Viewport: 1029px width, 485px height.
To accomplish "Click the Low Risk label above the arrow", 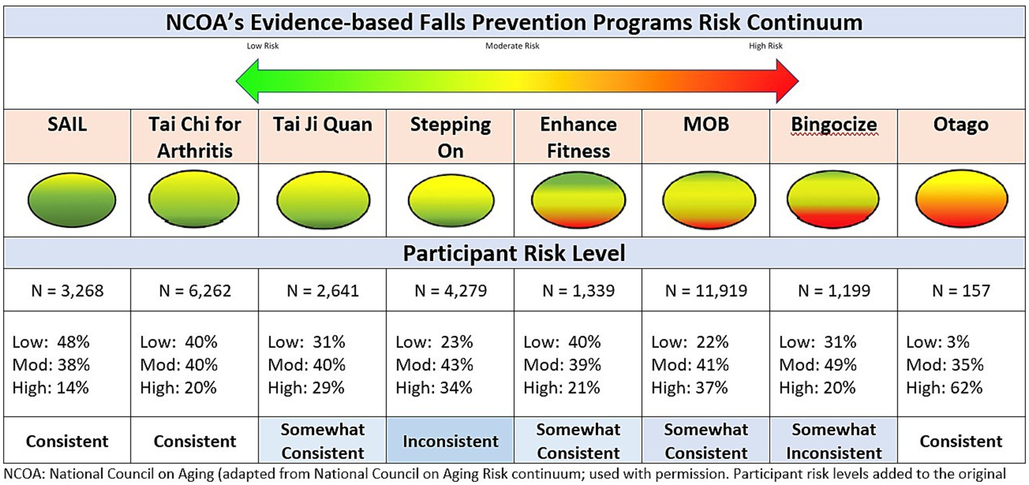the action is point(262,46).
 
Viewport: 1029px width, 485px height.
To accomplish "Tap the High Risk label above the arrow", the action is point(766,46).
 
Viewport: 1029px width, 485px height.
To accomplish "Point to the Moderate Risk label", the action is point(512,46).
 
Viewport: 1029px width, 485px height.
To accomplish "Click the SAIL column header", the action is point(67,124).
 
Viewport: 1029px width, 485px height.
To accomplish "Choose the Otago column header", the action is point(961,124).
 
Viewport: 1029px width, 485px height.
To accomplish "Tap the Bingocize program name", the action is point(834,124).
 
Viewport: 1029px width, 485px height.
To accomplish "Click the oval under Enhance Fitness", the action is point(578,200).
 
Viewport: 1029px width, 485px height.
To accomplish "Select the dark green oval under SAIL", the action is point(71,200).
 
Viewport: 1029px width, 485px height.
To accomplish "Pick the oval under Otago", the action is point(961,199).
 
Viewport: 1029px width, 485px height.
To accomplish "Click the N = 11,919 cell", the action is point(706,291).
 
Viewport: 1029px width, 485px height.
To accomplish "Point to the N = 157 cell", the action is point(961,291).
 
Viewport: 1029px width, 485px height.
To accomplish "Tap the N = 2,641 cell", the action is point(323,291).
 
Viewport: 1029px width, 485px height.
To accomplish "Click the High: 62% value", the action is point(945,388).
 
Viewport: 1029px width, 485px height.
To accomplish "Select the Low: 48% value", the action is point(51,342).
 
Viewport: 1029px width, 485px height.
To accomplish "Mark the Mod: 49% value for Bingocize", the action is point(818,365).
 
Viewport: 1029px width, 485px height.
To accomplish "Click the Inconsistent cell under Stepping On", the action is point(450,441).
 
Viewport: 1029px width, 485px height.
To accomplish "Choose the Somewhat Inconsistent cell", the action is point(834,441).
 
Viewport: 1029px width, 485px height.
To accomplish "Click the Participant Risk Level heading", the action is point(514,253).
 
